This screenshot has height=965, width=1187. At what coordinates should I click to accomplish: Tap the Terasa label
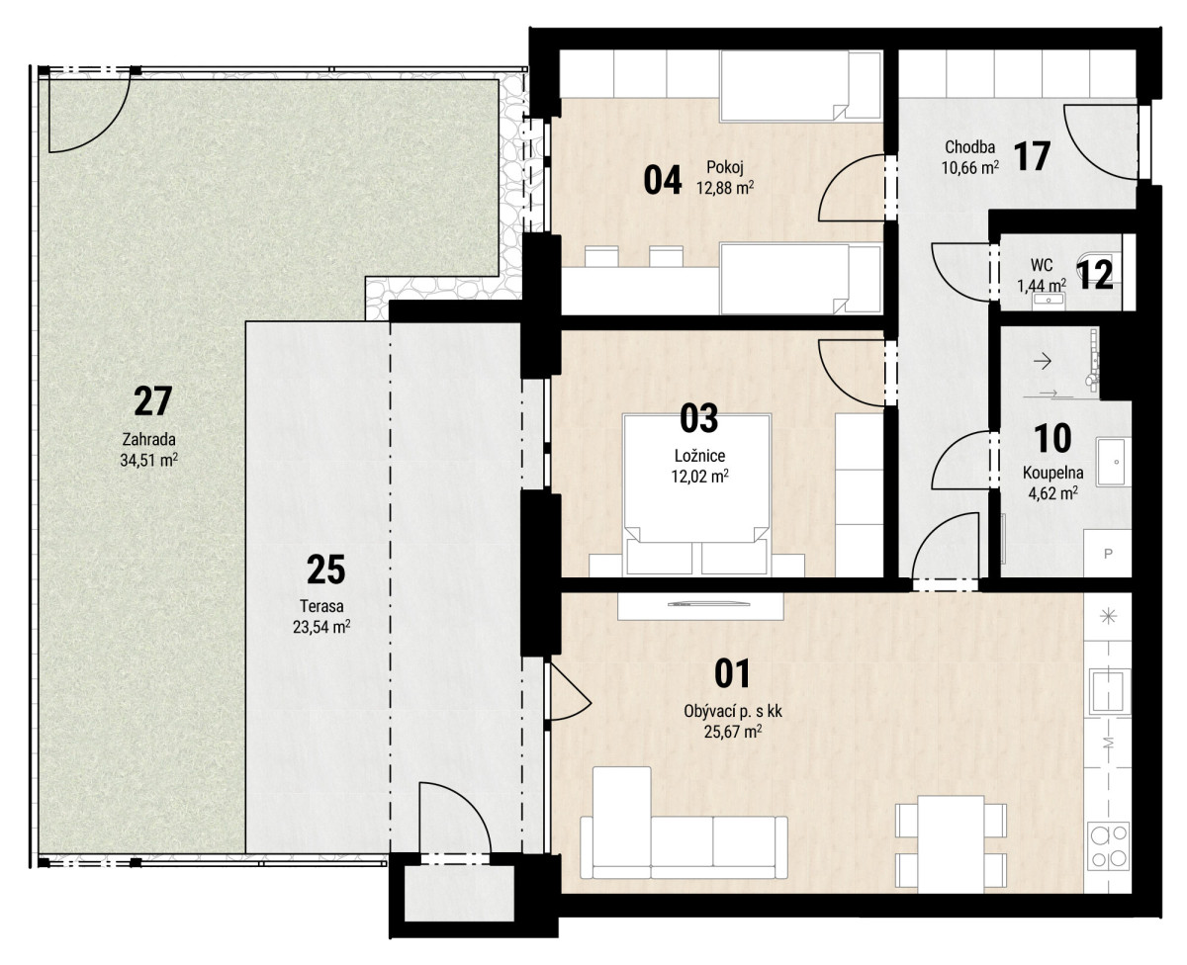(x=321, y=606)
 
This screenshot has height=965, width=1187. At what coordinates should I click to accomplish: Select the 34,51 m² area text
(x=148, y=460)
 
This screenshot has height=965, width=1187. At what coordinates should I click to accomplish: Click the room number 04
(x=663, y=180)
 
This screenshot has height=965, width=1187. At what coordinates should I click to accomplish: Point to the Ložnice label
(x=700, y=456)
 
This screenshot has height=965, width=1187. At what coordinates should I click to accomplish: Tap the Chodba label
(x=969, y=147)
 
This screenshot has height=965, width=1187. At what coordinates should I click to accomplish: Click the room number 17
(x=1032, y=156)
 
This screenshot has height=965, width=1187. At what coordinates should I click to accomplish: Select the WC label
(x=1042, y=265)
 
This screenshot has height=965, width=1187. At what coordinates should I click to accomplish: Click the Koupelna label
(x=1053, y=473)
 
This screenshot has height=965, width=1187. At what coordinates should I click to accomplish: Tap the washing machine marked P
(x=1107, y=553)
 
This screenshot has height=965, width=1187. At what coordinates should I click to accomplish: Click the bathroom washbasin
(x=1114, y=462)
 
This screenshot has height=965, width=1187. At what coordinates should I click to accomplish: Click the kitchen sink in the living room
(x=1109, y=691)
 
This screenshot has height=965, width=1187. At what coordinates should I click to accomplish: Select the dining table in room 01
(x=952, y=844)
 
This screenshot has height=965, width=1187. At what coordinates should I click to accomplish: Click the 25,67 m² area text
(x=733, y=731)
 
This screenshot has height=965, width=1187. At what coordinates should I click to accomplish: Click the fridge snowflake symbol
(x=1108, y=616)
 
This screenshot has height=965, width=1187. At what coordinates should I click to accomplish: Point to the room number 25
(x=326, y=570)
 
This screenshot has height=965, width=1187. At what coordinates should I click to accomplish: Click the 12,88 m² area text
(x=725, y=188)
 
